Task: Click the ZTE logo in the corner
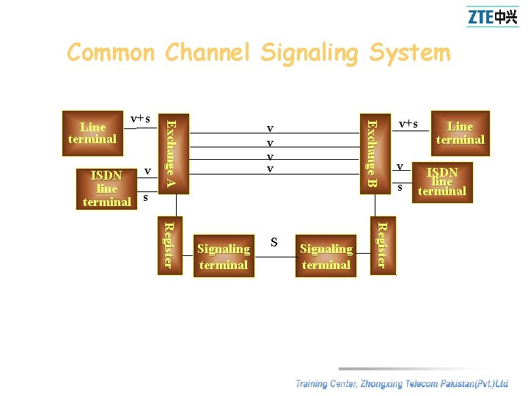tap(492, 16)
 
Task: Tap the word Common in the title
tap(111, 53)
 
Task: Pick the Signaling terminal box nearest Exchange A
tap(224, 257)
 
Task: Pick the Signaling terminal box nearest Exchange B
tap(326, 257)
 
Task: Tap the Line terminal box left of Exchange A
tap(92, 133)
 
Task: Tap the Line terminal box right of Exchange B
tap(460, 133)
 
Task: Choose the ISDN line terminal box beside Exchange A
tap(107, 188)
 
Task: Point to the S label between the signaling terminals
tap(274, 241)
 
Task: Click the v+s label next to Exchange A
tap(140, 119)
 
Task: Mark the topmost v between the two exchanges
tap(270, 129)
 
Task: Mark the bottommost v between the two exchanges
tap(270, 169)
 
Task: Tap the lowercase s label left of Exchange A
tap(145, 197)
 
